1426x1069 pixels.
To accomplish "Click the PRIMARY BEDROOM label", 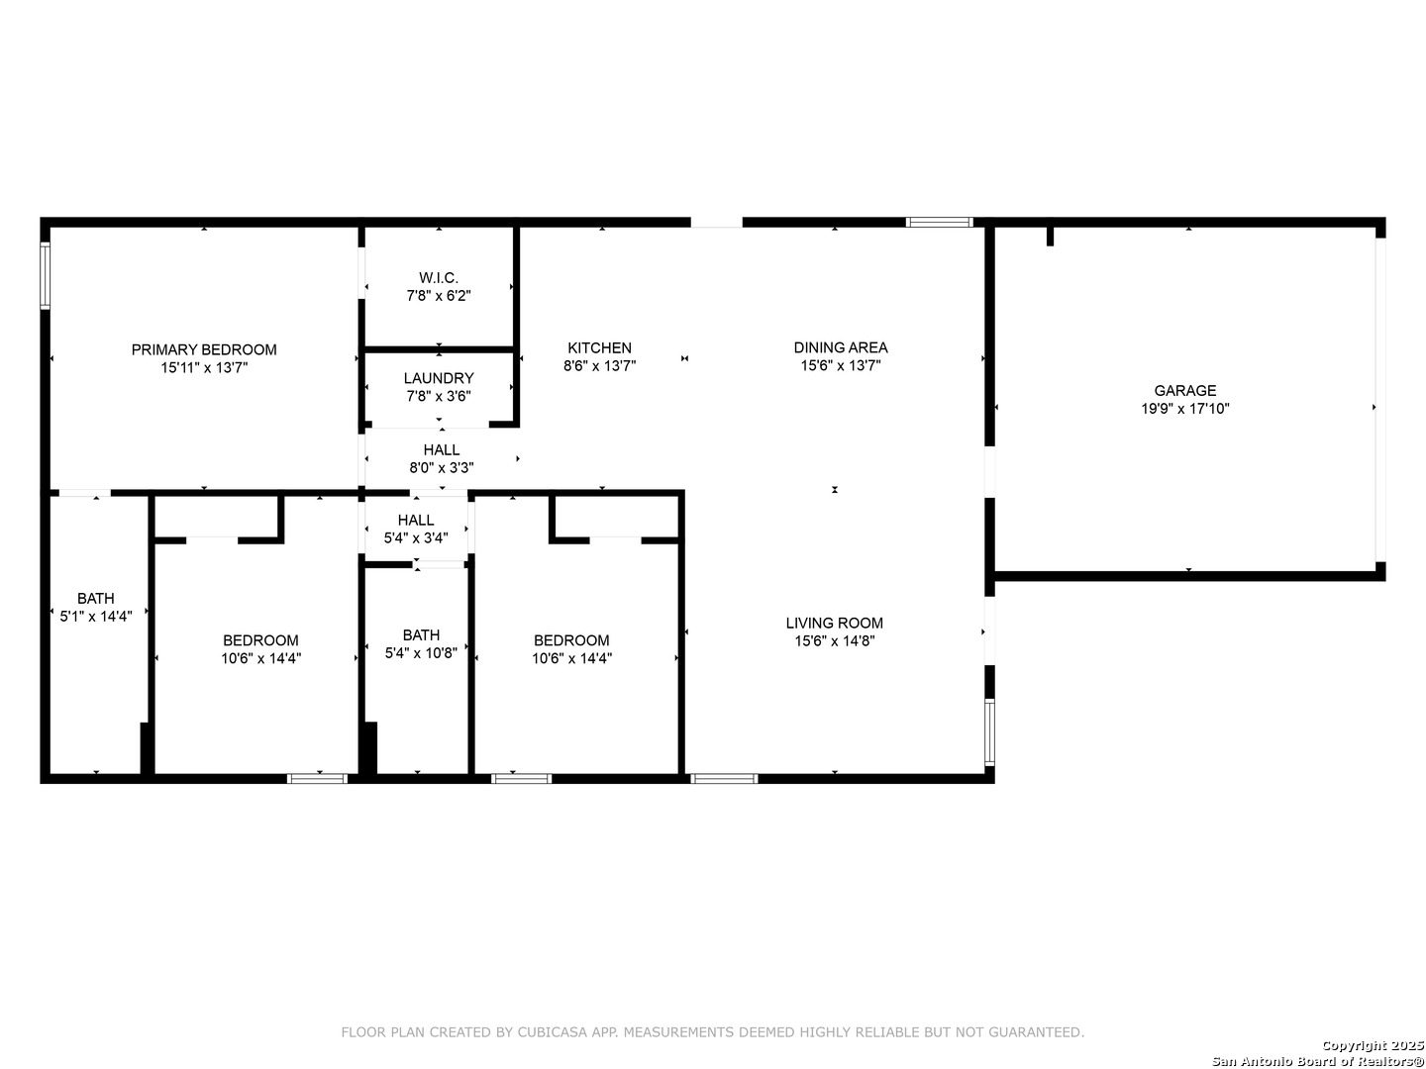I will tap(204, 349).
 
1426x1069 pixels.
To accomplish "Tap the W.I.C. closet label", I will tap(439, 278).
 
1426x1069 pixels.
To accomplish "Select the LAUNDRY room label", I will tap(439, 378).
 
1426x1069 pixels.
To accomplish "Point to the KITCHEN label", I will tap(599, 347).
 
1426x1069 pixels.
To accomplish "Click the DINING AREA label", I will tap(841, 347).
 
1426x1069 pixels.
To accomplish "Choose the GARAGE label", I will tap(1184, 390).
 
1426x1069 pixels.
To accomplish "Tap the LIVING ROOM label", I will tap(835, 623).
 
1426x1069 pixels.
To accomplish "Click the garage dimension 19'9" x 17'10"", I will tap(1184, 408).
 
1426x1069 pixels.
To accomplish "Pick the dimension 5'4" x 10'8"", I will tap(421, 652).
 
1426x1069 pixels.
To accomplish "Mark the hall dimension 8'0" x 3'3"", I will tap(442, 467).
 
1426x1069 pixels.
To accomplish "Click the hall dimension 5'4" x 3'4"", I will tap(416, 537).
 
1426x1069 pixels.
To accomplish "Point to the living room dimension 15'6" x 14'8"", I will tap(835, 640).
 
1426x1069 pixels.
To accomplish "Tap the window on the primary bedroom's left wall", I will tap(45, 275).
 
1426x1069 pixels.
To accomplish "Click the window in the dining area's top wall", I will tap(940, 222).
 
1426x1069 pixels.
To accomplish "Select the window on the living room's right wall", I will tap(989, 731).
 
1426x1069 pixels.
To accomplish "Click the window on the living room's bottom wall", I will tap(724, 778).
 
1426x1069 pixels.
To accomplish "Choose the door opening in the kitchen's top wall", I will tap(716, 222).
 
